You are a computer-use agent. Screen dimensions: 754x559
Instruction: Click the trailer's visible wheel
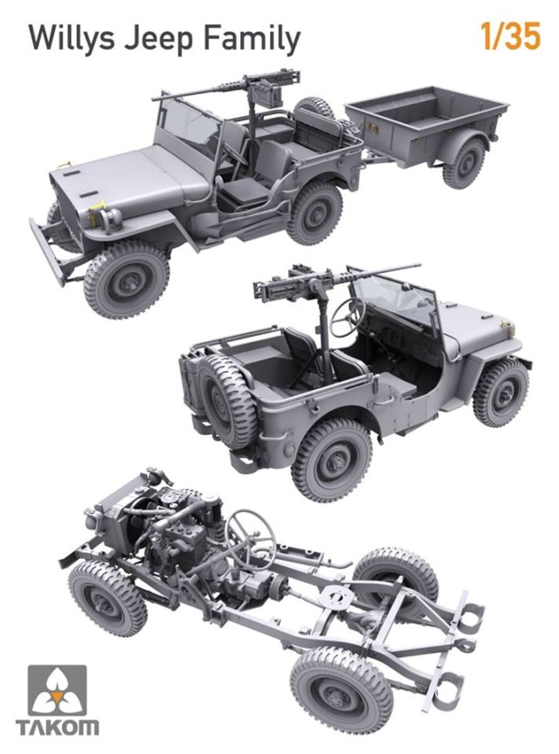tap(464, 163)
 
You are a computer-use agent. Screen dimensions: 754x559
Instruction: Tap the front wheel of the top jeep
tap(126, 279)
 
